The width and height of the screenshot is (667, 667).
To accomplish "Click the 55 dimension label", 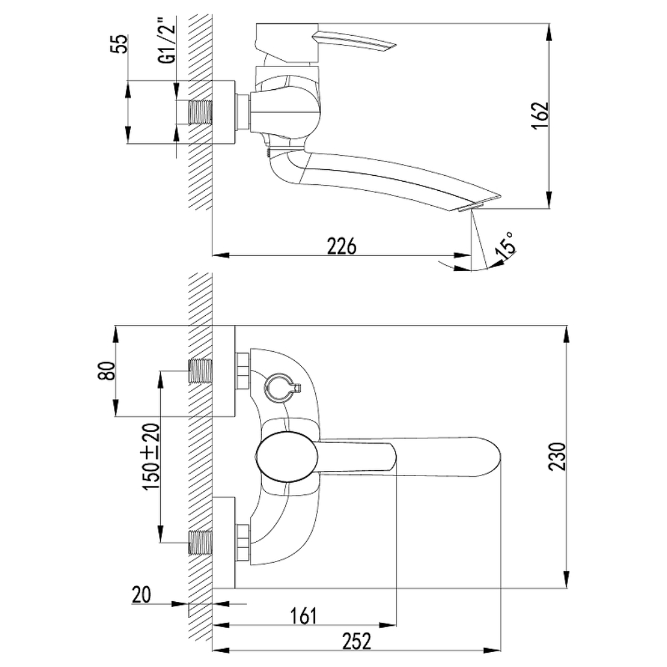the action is tap(121, 44).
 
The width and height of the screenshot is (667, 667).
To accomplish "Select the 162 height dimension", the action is tap(540, 116).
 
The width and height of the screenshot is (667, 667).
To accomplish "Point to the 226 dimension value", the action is tap(341, 246).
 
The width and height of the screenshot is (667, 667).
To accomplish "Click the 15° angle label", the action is tap(506, 245).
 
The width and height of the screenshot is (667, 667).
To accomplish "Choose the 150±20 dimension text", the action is tap(152, 457).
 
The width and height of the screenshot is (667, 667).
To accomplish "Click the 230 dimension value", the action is tap(558, 457).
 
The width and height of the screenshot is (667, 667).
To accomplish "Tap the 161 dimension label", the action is tap(304, 616).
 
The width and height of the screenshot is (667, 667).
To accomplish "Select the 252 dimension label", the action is tap(356, 642).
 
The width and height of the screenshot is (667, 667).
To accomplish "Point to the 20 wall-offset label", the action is tap(141, 595).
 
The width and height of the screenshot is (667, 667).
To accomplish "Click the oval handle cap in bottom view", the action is tap(287, 457).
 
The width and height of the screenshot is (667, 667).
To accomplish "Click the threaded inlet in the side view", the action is tap(200, 113).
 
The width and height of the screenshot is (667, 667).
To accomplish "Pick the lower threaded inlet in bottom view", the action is tap(200, 543).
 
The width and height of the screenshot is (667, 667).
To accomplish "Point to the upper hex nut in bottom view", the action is tap(244, 371).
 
